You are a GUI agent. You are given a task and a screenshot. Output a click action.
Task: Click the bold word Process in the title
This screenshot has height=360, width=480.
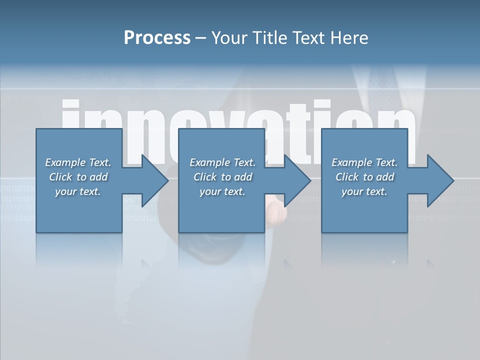(x=157, y=38)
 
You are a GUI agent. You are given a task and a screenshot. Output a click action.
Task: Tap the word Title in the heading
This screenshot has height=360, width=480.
(x=268, y=38)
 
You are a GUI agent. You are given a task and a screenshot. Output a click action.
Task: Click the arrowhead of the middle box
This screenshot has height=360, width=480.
(x=296, y=180)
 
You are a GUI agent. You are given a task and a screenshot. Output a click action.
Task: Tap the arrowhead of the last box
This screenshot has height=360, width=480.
(x=439, y=180)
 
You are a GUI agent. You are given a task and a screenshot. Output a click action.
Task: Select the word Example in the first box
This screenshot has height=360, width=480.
(x=65, y=162)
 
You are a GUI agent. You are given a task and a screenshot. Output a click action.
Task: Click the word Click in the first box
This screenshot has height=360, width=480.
(x=61, y=177)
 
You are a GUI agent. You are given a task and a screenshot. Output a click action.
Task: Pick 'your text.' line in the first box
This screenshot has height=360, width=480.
(x=78, y=191)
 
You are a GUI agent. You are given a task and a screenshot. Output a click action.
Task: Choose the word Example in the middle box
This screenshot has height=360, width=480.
(x=209, y=162)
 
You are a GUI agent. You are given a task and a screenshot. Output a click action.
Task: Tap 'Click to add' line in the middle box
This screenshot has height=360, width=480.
(x=222, y=177)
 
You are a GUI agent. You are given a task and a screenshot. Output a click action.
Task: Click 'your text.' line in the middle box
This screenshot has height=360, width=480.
(x=222, y=191)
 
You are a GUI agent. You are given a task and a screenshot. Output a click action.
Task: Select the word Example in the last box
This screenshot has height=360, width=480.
(x=351, y=162)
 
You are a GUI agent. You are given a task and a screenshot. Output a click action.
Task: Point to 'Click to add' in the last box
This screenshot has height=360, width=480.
(x=364, y=177)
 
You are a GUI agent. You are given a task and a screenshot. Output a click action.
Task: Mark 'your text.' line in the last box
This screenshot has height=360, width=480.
(x=364, y=191)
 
